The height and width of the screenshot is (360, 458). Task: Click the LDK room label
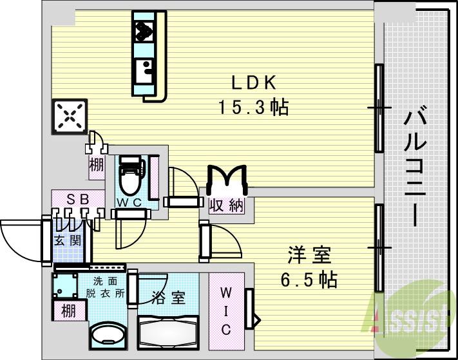(x=254, y=83)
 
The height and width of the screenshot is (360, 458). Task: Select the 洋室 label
(x=309, y=256)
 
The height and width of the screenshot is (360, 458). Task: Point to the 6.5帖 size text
(x=309, y=280)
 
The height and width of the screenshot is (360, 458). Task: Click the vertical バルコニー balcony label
(x=412, y=168)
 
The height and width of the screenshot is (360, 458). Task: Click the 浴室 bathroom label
(x=169, y=298)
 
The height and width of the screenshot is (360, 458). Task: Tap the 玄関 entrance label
(x=67, y=242)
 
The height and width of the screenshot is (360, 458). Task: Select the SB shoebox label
(x=77, y=199)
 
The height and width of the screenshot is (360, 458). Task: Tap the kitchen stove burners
(x=143, y=30)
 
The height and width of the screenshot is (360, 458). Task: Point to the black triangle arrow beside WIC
(x=256, y=319)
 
